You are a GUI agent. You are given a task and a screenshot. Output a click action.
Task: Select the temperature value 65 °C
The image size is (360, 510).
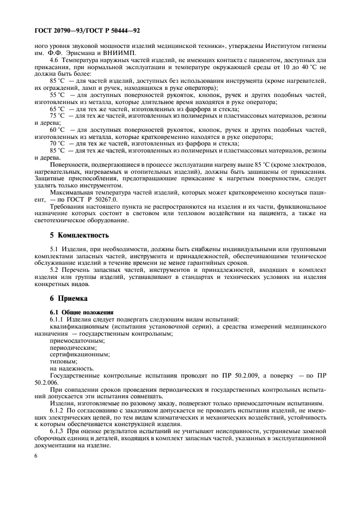coord(57,108)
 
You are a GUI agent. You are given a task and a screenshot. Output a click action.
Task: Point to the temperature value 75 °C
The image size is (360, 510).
coord(57,116)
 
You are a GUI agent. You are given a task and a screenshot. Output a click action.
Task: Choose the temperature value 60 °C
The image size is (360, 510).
coord(57,130)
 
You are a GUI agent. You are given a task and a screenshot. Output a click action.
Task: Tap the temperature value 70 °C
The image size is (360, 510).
coord(57,144)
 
